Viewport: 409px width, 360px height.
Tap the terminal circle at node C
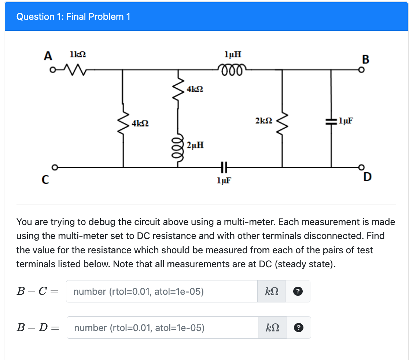54,168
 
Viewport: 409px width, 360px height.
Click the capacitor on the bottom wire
223,167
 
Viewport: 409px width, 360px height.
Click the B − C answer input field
162,291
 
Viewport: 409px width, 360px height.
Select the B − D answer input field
162,328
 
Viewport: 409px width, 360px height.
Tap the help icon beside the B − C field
298,291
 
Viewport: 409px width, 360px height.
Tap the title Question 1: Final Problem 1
73,16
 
